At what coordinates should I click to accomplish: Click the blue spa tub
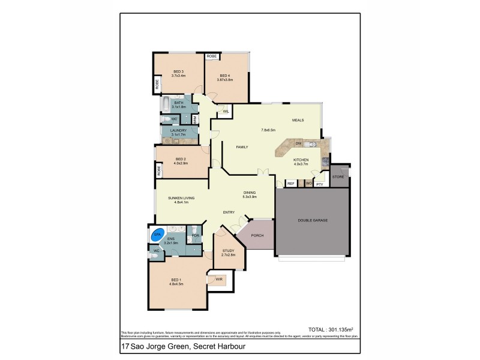157,235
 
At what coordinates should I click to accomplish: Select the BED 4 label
226,76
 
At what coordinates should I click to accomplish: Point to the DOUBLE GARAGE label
313,220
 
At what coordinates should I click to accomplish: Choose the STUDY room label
228,251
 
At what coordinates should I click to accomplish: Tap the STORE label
338,176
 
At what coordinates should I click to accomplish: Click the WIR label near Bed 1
219,279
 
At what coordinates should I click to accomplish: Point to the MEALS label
298,120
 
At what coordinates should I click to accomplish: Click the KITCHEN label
300,160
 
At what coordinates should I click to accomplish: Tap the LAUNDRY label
178,130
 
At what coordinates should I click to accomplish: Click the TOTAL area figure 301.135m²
330,329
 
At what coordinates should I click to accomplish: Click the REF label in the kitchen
290,184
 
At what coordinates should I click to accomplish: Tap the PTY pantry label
319,184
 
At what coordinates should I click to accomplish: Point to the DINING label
250,193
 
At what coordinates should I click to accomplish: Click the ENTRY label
229,212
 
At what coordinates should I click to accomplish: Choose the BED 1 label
176,280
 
